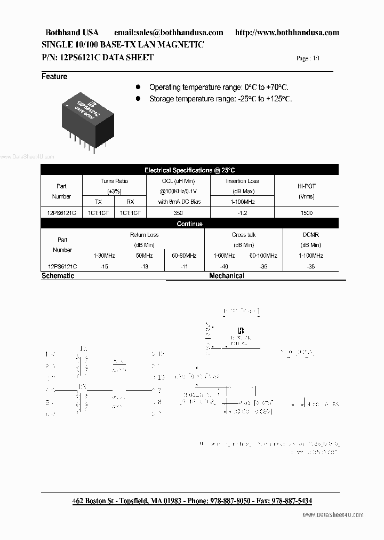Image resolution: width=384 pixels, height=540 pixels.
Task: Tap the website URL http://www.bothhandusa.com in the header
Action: [287, 33]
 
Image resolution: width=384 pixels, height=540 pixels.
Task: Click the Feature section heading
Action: [54, 77]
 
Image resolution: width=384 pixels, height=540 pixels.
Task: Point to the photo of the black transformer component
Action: [90, 120]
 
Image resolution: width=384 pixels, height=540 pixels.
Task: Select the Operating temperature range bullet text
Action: [219, 87]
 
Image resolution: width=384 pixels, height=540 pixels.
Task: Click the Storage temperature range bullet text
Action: [220, 99]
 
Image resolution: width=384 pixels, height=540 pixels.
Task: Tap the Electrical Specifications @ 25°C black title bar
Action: [189, 170]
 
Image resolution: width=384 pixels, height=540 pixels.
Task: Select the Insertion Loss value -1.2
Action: [242, 213]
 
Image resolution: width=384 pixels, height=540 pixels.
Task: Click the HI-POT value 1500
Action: [306, 213]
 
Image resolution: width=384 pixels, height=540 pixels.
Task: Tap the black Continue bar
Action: [189, 224]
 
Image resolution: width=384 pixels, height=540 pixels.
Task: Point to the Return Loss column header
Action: [144, 235]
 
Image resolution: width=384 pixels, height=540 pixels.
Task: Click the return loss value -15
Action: [104, 266]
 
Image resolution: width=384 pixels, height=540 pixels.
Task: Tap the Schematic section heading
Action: [58, 276]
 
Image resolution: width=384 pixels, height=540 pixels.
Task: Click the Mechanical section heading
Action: [227, 276]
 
